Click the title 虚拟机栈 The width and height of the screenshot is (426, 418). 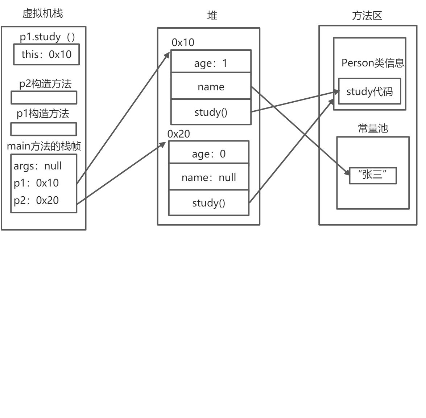pos(42,13)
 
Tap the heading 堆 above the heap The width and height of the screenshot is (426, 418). pos(212,15)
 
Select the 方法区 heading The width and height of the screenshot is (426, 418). pos(367,16)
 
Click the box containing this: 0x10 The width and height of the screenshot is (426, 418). pos(46,54)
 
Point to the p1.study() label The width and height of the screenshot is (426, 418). pos(47,37)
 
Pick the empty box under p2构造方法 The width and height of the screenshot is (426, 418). pos(44,98)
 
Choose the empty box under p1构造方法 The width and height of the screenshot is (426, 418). pos(44,129)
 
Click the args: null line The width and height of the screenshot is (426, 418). pos(38,166)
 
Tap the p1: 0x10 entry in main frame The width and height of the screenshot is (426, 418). pos(36,183)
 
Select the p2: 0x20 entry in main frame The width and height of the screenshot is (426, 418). pos(36,200)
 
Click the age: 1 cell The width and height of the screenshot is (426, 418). pos(211,63)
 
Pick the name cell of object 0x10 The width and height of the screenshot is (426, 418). pos(211,87)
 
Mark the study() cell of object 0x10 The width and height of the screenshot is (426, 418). pos(211,112)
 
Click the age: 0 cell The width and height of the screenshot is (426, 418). pos(209,153)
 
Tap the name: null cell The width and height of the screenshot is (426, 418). pos(209,177)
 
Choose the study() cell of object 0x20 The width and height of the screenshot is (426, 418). pos(209,203)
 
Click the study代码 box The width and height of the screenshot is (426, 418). pos(369,91)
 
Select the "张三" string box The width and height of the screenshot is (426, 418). pos(373,176)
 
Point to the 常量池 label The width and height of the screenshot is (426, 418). pos(373,128)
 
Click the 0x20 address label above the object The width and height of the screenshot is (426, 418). pos(179,134)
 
